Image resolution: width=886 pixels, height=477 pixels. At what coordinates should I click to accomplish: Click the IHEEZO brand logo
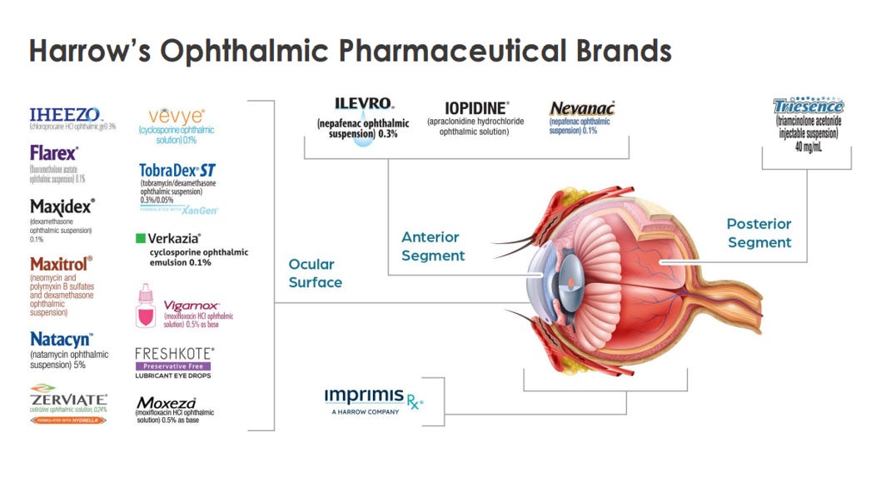(x=64, y=114)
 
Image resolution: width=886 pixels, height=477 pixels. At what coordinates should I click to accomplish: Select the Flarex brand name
(x=54, y=154)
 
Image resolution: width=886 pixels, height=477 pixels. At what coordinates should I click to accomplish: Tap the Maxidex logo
(x=62, y=206)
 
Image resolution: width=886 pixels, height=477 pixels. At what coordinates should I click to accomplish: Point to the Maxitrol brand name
(x=61, y=263)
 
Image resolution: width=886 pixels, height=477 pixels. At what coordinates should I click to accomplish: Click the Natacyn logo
(x=61, y=340)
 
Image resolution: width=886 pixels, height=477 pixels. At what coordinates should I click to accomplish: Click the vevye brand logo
(x=176, y=116)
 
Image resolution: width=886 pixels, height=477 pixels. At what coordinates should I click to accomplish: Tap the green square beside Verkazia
(x=141, y=239)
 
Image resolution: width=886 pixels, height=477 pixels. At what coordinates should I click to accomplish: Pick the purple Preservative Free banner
(x=172, y=365)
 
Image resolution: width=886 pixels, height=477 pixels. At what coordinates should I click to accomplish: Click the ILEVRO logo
(x=364, y=105)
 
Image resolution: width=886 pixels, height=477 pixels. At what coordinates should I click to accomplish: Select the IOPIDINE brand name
(x=475, y=109)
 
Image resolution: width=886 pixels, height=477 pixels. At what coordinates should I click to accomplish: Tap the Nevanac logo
(x=581, y=108)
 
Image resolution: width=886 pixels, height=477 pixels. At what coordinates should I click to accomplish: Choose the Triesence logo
(x=808, y=107)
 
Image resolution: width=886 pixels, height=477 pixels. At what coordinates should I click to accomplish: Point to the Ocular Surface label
(x=315, y=273)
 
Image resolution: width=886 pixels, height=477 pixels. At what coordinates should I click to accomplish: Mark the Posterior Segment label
(x=759, y=233)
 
